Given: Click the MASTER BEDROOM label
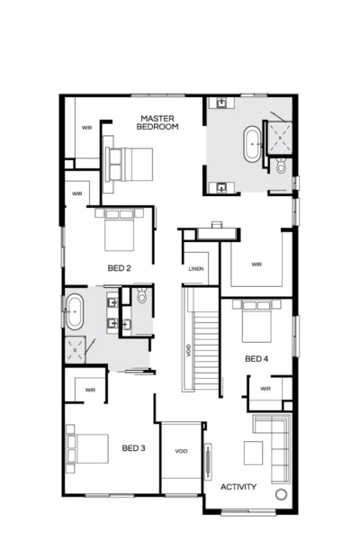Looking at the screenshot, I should [x=157, y=122].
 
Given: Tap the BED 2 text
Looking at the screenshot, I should [x=120, y=267].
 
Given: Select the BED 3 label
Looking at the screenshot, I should [x=133, y=448].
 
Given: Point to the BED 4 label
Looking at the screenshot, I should [x=256, y=359].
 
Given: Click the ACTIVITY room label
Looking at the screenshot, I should [x=238, y=487].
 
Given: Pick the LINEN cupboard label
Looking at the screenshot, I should [x=196, y=269].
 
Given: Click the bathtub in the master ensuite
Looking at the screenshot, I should [x=251, y=144].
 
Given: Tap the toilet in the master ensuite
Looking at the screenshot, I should [x=282, y=166].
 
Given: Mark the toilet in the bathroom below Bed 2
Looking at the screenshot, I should [x=141, y=298].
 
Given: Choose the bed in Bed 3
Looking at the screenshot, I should [x=86, y=448].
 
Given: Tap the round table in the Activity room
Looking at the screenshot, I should [x=281, y=495].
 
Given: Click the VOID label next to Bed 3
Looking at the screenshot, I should [x=181, y=451].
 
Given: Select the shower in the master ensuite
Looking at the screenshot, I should [x=282, y=135].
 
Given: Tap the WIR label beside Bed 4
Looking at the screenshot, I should [x=265, y=389].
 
